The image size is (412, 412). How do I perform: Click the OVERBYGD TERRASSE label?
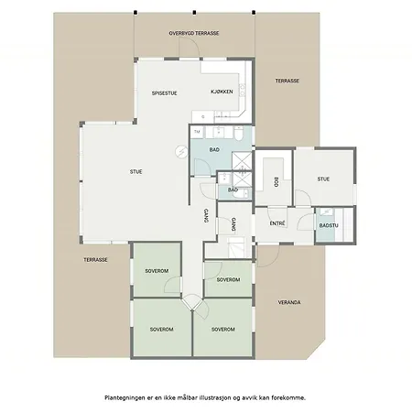pyautogui.click(x=194, y=33)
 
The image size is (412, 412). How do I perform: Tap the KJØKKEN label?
pyautogui.click(x=222, y=92)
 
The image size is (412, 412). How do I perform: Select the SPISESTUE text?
pyautogui.click(x=165, y=93)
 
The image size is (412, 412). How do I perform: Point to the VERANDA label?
pyautogui.click(x=289, y=302)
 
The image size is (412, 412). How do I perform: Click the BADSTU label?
pyautogui.click(x=329, y=225)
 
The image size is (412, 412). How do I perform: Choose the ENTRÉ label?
pyautogui.click(x=277, y=223)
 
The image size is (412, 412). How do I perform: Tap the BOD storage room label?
pyautogui.click(x=276, y=182)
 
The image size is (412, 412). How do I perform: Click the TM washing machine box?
pyautogui.click(x=197, y=132)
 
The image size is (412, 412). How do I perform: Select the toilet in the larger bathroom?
pyautogui.click(x=239, y=134)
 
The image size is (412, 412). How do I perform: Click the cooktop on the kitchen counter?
pyautogui.click(x=242, y=90)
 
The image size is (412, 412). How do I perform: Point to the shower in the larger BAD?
pyautogui.click(x=242, y=161)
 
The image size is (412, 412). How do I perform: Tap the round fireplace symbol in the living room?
pyautogui.click(x=181, y=151)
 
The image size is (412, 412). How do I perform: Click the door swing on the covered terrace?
pyautogui.click(x=190, y=48)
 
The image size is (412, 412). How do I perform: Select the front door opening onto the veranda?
pyautogui.click(x=268, y=256)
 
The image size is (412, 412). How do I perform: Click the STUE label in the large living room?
pyautogui.click(x=136, y=172)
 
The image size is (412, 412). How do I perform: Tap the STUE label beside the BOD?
pyautogui.click(x=323, y=179)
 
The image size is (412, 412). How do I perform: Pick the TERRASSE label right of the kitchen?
pyautogui.click(x=287, y=81)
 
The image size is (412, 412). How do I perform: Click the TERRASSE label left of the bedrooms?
pyautogui.click(x=95, y=260)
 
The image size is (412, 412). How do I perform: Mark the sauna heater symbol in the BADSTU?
pyautogui.click(x=327, y=212)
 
